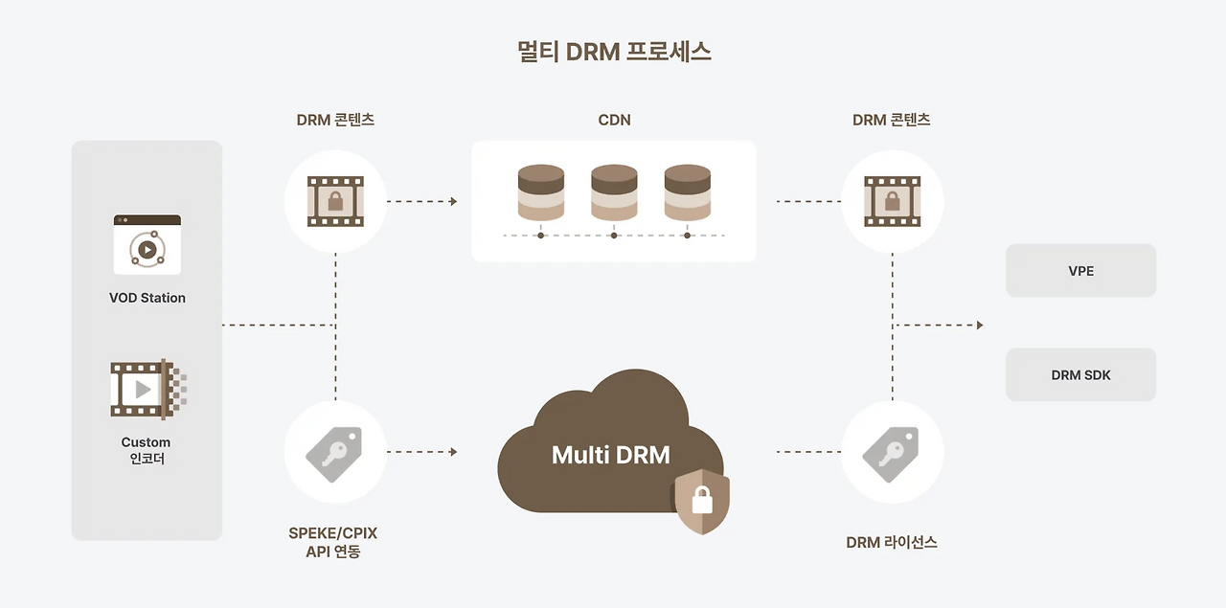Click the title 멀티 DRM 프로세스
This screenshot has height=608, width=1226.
[x=613, y=52]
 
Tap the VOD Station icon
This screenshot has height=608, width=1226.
[x=147, y=244]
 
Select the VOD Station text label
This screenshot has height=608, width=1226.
[x=147, y=298]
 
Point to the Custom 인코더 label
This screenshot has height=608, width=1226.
[x=146, y=450]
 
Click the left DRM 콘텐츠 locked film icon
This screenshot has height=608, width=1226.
[x=335, y=201]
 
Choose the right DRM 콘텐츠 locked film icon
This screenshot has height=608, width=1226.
[x=892, y=201]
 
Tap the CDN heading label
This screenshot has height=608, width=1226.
[x=613, y=120]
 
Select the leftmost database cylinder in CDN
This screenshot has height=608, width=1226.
[x=540, y=193]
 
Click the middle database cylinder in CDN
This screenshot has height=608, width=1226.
[x=614, y=193]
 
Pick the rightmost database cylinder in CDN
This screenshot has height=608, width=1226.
[x=687, y=193]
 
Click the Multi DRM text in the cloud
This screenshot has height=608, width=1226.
[x=610, y=454]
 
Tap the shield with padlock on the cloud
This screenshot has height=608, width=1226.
[x=702, y=501]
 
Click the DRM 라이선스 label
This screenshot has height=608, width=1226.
[x=891, y=542]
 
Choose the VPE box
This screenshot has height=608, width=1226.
[x=1080, y=271]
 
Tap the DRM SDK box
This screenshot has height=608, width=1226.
[x=1080, y=374]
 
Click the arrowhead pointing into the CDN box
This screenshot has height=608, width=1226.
[x=453, y=201]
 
